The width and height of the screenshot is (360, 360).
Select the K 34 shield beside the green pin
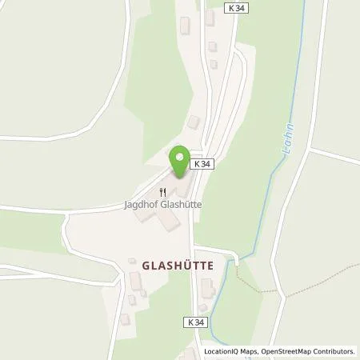point(202,164)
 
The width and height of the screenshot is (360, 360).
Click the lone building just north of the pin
point(193,122)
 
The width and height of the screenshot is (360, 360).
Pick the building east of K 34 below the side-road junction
point(208,286)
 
